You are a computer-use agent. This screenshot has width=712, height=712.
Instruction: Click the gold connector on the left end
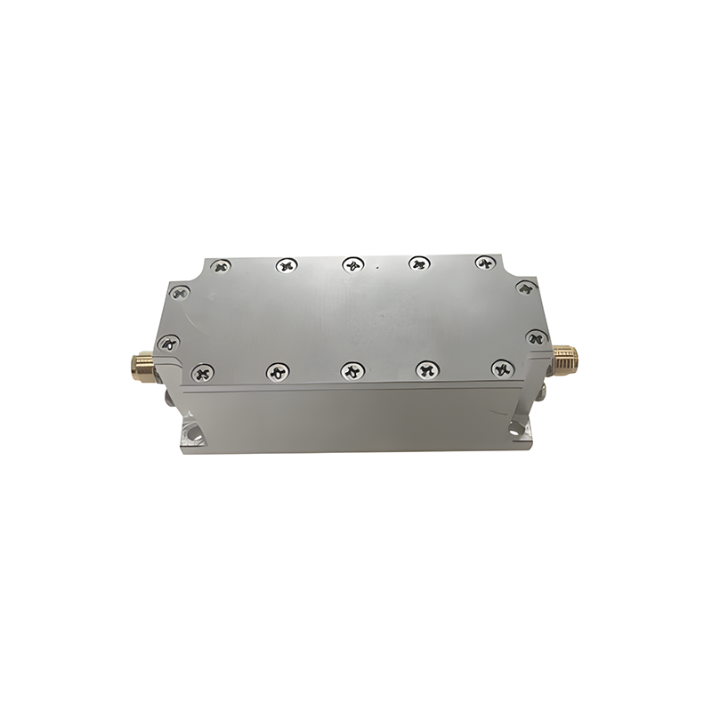(x=142, y=363)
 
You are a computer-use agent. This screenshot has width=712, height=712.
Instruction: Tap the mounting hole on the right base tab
(x=519, y=431)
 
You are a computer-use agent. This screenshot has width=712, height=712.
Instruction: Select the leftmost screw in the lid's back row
(x=221, y=265)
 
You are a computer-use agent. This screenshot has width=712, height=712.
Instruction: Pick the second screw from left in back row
(x=286, y=264)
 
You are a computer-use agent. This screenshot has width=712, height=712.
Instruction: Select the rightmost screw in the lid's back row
(x=484, y=263)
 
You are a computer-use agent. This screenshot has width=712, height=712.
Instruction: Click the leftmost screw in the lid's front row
(x=204, y=372)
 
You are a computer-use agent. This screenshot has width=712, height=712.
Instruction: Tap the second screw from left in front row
(x=278, y=370)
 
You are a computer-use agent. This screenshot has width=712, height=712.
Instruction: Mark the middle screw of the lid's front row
(x=353, y=369)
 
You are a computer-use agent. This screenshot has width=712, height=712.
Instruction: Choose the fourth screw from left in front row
(x=428, y=368)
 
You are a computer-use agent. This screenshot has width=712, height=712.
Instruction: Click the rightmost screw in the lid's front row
(x=502, y=367)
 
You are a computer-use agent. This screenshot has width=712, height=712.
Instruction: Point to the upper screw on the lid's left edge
(x=180, y=292)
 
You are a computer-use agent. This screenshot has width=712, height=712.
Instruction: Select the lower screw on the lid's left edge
(x=168, y=342)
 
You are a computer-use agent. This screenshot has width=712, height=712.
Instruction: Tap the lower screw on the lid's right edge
(x=536, y=337)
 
